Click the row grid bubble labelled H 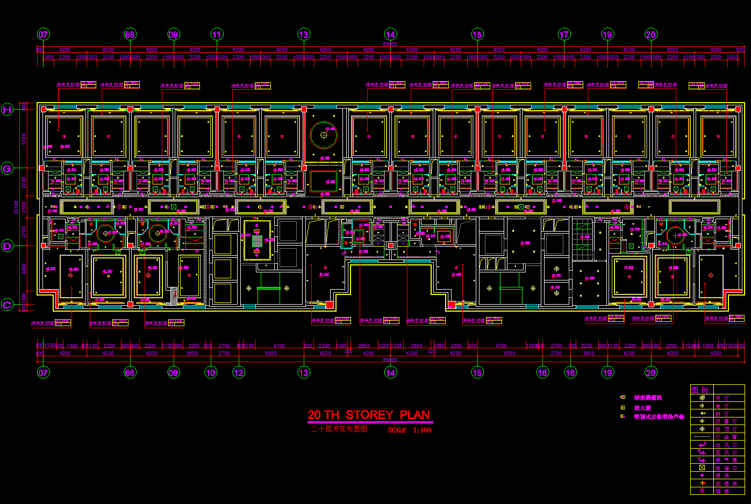[7, 110]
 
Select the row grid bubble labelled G [7, 169]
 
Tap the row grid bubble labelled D [7, 246]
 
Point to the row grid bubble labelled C [7, 305]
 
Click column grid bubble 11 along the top [217, 35]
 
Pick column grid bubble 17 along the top [564, 35]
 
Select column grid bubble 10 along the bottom [211, 372]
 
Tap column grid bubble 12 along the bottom [239, 372]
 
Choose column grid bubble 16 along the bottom [542, 372]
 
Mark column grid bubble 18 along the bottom [570, 372]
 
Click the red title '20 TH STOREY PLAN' [369, 415]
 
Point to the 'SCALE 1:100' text [409, 430]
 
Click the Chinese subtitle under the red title [339, 429]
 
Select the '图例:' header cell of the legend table [701, 390]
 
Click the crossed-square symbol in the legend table [702, 467]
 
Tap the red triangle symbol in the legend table [702, 483]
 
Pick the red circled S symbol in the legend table [702, 491]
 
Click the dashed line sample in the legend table [702, 437]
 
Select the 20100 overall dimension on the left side [16, 207]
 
